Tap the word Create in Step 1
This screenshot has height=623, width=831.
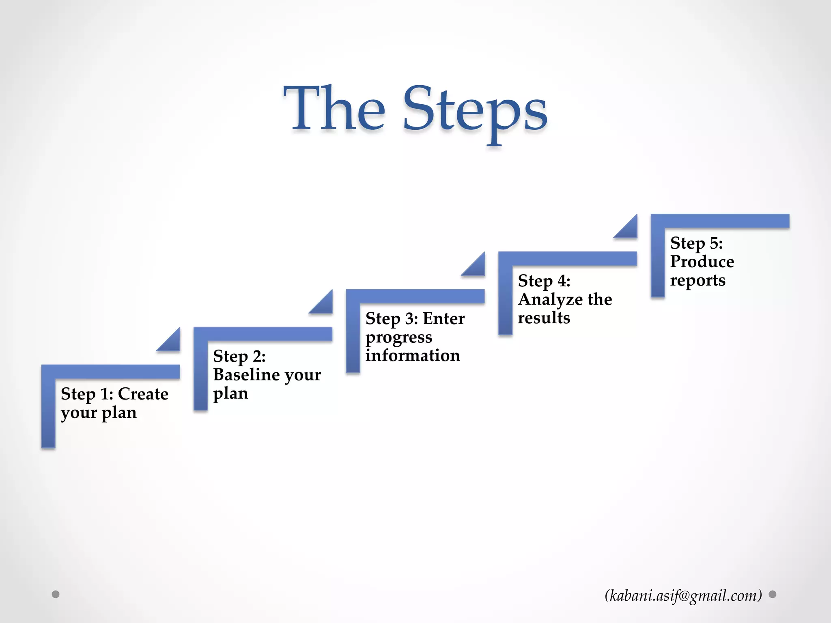click(143, 394)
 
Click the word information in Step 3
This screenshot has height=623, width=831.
click(412, 356)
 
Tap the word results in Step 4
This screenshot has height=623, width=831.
click(544, 318)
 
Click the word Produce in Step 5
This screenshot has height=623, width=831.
click(702, 262)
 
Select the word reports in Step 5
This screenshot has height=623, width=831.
click(698, 280)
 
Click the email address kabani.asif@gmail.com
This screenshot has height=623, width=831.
click(683, 595)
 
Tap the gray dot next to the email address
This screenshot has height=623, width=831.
click(773, 594)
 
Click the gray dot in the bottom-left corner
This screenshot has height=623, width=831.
click(56, 594)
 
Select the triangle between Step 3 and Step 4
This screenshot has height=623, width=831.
click(476, 266)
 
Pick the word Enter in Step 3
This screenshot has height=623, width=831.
click(443, 319)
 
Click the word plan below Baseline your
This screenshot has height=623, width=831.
click(230, 393)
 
